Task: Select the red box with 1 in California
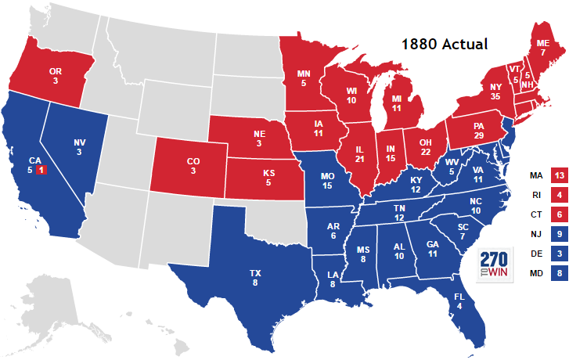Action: tap(41, 170)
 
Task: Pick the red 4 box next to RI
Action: tap(559, 193)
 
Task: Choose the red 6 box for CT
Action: tap(559, 214)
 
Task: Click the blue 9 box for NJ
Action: tap(559, 233)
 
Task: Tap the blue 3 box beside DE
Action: tap(559, 254)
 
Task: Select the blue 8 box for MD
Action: tap(559, 274)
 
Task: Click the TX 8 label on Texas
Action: tap(255, 278)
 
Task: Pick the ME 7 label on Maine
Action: tap(542, 47)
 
